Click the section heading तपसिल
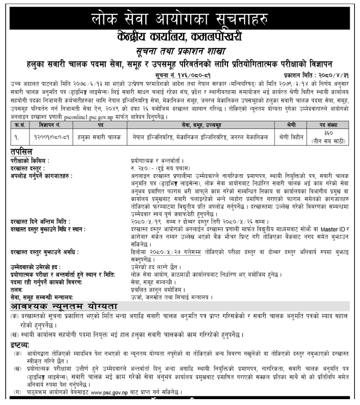pyautogui.click(x=22, y=152)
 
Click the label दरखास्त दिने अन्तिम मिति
pyautogui.click(x=41, y=222)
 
